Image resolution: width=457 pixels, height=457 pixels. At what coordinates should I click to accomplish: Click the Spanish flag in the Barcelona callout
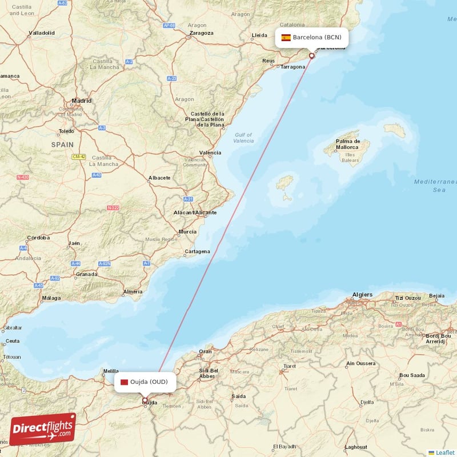point(286,38)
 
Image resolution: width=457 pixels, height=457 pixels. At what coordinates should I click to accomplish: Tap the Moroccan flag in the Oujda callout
point(124,382)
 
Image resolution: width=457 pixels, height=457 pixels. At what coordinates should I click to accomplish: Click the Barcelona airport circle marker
point(311,56)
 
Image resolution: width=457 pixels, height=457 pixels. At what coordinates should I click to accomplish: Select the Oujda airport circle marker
point(145,400)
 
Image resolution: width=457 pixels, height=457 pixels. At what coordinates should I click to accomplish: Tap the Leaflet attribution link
point(444,452)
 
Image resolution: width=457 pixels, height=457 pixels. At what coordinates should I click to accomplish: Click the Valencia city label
point(210,153)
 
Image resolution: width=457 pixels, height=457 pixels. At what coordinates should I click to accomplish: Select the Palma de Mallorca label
point(348,144)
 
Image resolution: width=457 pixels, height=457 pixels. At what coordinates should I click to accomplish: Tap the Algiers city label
point(362,295)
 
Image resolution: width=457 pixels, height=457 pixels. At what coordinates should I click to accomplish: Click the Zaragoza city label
point(201,33)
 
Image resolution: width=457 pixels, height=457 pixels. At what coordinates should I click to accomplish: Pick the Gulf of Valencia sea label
point(244,138)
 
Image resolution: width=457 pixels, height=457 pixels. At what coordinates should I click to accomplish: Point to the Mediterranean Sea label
point(438,186)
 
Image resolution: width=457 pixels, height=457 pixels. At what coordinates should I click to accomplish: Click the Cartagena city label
point(197,251)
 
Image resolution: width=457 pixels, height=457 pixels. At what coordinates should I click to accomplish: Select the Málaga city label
point(51,298)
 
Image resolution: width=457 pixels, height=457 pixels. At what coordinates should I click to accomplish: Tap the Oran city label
point(205,351)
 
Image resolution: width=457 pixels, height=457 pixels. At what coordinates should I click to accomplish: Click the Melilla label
point(110,371)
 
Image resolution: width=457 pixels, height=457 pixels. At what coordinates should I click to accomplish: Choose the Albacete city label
point(159,178)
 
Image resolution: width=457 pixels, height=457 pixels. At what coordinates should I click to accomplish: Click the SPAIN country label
point(62,145)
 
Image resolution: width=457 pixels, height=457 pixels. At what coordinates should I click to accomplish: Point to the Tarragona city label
point(293,67)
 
